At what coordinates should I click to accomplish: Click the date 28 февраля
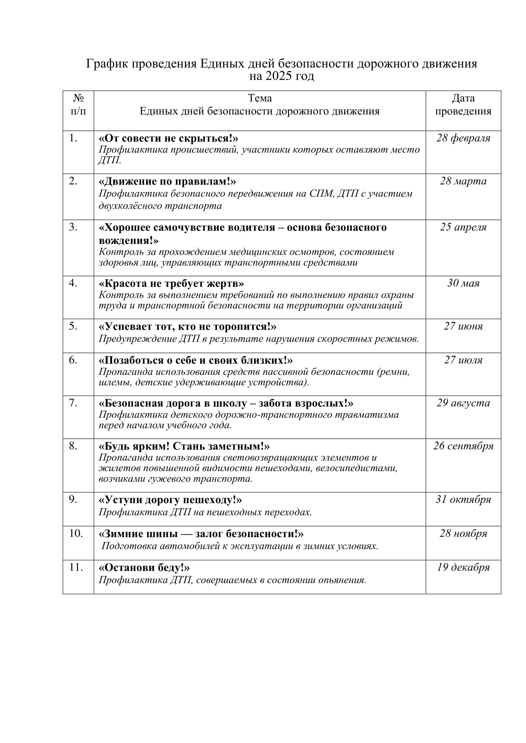tap(463, 138)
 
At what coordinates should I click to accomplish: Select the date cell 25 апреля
tap(463, 227)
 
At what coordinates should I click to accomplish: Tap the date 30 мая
tap(463, 283)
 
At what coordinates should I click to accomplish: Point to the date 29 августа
tap(463, 403)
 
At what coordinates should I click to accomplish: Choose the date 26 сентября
tap(463, 446)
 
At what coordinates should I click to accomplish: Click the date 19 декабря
tap(463, 567)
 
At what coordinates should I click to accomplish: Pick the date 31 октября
tap(463, 499)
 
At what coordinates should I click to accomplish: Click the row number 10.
tap(76, 533)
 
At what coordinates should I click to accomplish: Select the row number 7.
tap(73, 403)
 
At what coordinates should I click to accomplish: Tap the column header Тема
tap(260, 98)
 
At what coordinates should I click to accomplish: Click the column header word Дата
tap(463, 98)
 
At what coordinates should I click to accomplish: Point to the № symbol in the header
tap(78, 98)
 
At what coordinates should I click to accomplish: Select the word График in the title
tap(107, 64)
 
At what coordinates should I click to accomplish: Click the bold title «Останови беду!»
tap(144, 568)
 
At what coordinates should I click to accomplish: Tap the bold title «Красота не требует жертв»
tap(171, 283)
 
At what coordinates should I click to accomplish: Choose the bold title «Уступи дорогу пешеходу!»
tap(170, 500)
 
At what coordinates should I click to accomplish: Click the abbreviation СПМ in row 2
tap(321, 193)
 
